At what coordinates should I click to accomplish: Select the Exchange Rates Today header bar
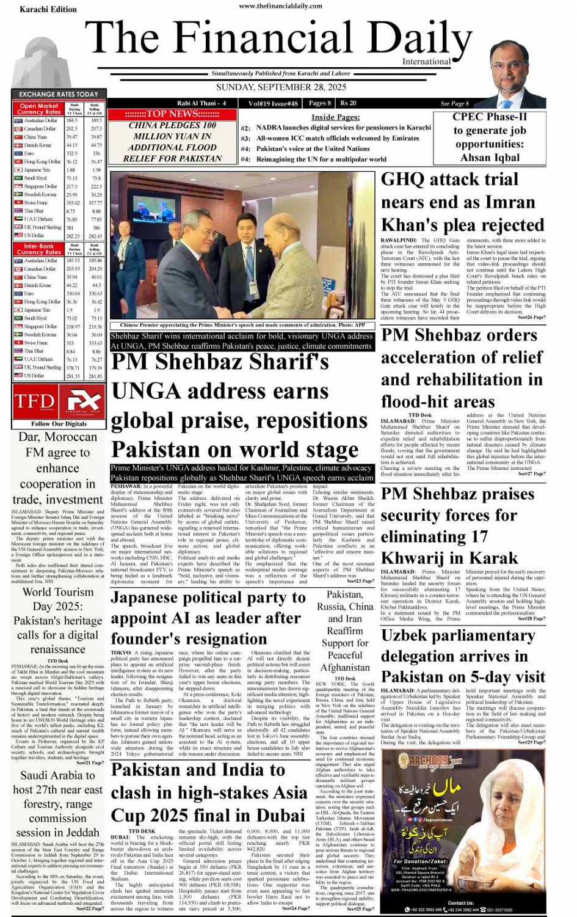pyautogui.click(x=59, y=94)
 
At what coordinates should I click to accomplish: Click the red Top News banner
pyautogui.click(x=172, y=114)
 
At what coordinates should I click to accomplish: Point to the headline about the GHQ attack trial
pyautogui.click(x=462, y=202)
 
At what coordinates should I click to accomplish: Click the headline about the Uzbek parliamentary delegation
pyautogui.click(x=462, y=656)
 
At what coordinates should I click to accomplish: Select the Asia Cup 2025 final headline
pyautogui.click(x=209, y=792)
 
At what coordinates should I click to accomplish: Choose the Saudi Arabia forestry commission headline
pyautogui.click(x=58, y=803)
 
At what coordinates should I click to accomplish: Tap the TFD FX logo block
pyautogui.click(x=58, y=401)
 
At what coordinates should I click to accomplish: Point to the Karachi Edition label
pyautogui.click(x=48, y=9)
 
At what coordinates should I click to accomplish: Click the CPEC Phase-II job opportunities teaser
pyautogui.click(x=489, y=137)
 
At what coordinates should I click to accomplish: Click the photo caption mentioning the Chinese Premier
pyautogui.click(x=242, y=326)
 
